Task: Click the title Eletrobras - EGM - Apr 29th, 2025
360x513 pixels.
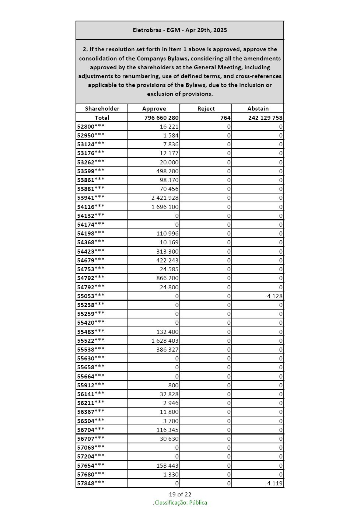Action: (x=180, y=30)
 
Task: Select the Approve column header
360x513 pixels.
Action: (x=154, y=109)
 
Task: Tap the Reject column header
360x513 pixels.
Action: (x=206, y=109)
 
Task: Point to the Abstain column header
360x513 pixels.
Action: (x=258, y=109)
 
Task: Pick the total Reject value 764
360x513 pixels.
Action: (x=226, y=118)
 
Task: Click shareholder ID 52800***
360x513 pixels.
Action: (x=91, y=126)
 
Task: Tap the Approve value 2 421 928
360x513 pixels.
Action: (x=165, y=198)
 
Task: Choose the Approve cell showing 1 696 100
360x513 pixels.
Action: (x=165, y=207)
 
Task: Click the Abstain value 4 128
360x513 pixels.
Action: (x=275, y=296)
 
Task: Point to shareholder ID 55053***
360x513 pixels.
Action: (x=91, y=296)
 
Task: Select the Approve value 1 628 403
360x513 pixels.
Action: (x=165, y=341)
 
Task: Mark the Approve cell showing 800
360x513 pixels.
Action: (x=174, y=385)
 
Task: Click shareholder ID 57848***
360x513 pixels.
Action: (x=91, y=483)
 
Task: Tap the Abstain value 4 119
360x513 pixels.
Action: (x=275, y=483)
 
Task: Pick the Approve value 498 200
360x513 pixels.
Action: (x=168, y=171)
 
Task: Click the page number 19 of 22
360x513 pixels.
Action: (x=180, y=495)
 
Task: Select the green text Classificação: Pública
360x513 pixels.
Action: (x=181, y=503)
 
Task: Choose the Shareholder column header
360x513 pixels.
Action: (x=102, y=109)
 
